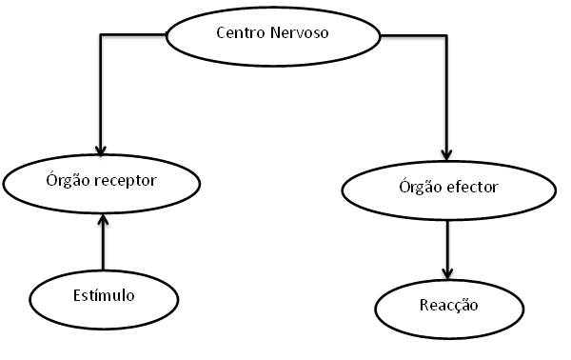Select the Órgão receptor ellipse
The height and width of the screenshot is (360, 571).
[x=102, y=178]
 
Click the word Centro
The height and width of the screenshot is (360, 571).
[x=238, y=34]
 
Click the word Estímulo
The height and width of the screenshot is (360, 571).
[x=103, y=295]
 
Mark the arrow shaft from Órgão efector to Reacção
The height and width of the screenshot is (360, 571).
[x=446, y=243]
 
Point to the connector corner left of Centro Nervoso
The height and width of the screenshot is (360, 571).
[x=102, y=36]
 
